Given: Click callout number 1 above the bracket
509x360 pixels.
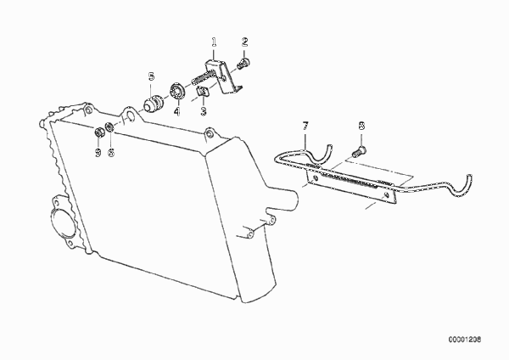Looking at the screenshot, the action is point(214,42).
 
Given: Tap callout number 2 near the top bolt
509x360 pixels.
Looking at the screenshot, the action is point(245,42).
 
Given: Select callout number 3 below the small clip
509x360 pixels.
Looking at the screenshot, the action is point(204,111).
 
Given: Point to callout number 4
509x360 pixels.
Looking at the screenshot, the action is point(176,112).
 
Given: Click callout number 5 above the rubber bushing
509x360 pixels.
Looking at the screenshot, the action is point(151,77).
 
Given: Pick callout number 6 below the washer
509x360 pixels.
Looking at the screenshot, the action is point(111,152).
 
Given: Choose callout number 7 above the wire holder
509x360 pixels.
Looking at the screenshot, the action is point(305,126).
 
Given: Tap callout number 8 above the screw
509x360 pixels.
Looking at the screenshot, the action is point(362,126).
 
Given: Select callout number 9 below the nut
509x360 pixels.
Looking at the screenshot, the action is point(98,152).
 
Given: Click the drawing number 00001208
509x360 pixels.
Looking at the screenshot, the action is point(465,340).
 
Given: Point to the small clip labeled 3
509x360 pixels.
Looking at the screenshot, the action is point(203,93).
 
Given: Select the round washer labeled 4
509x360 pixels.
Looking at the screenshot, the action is point(177,91).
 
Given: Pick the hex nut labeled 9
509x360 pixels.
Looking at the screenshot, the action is point(98,132).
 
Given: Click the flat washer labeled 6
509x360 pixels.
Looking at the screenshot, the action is point(110,127).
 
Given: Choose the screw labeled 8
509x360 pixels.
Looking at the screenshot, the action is point(359,151).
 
